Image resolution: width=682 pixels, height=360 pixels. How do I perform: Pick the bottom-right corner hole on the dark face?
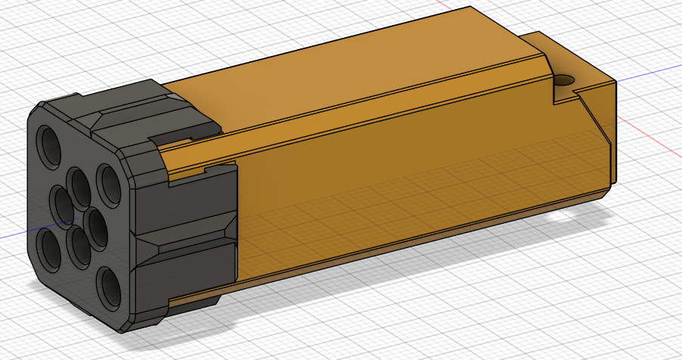point(108,287)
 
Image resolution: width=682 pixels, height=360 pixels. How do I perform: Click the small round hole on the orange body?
point(563,79)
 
